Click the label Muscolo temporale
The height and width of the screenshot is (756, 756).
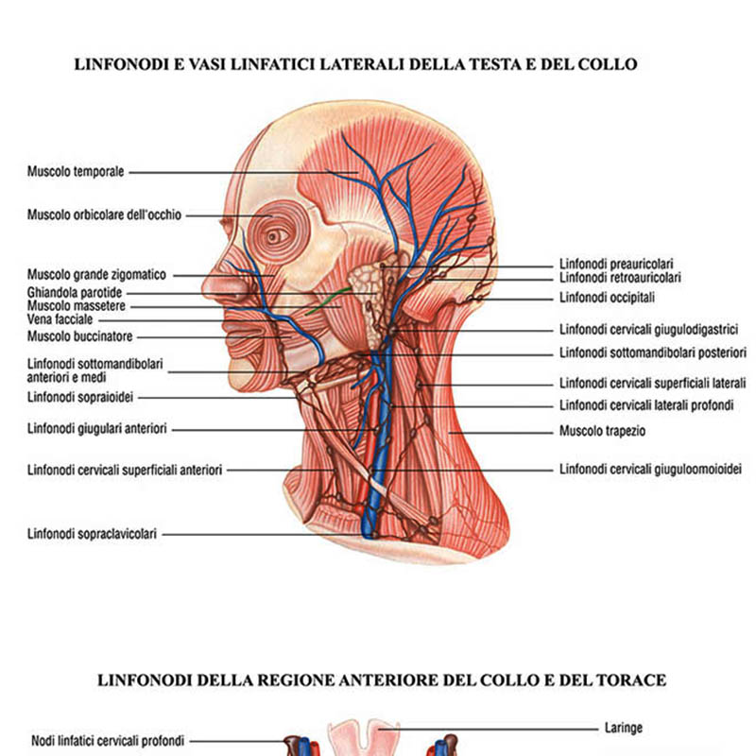click(x=76, y=172)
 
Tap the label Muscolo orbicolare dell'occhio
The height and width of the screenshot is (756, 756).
click(x=104, y=215)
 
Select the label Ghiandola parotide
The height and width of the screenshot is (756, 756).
click(x=75, y=293)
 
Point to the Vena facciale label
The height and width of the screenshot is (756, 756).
click(x=60, y=319)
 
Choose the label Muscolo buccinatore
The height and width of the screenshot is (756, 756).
click(x=79, y=336)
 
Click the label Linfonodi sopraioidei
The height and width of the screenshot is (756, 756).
click(x=80, y=397)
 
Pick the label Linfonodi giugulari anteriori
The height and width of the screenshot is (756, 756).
click(x=97, y=428)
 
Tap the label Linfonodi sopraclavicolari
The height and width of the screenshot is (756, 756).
click(x=92, y=534)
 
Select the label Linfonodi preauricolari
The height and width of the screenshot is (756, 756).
click(x=616, y=264)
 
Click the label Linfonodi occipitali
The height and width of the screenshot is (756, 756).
click(x=607, y=298)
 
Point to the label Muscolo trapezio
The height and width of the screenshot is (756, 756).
click(x=602, y=431)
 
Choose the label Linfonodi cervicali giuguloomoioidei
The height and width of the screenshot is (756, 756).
click(x=650, y=469)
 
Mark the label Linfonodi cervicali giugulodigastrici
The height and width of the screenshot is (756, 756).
click(x=648, y=329)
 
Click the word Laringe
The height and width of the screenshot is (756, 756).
click(x=624, y=728)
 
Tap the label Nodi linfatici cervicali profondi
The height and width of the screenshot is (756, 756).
click(x=108, y=740)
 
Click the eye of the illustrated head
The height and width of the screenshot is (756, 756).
click(x=274, y=236)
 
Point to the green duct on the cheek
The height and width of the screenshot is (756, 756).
click(x=328, y=301)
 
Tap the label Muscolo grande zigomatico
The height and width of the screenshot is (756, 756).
click(x=96, y=275)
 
